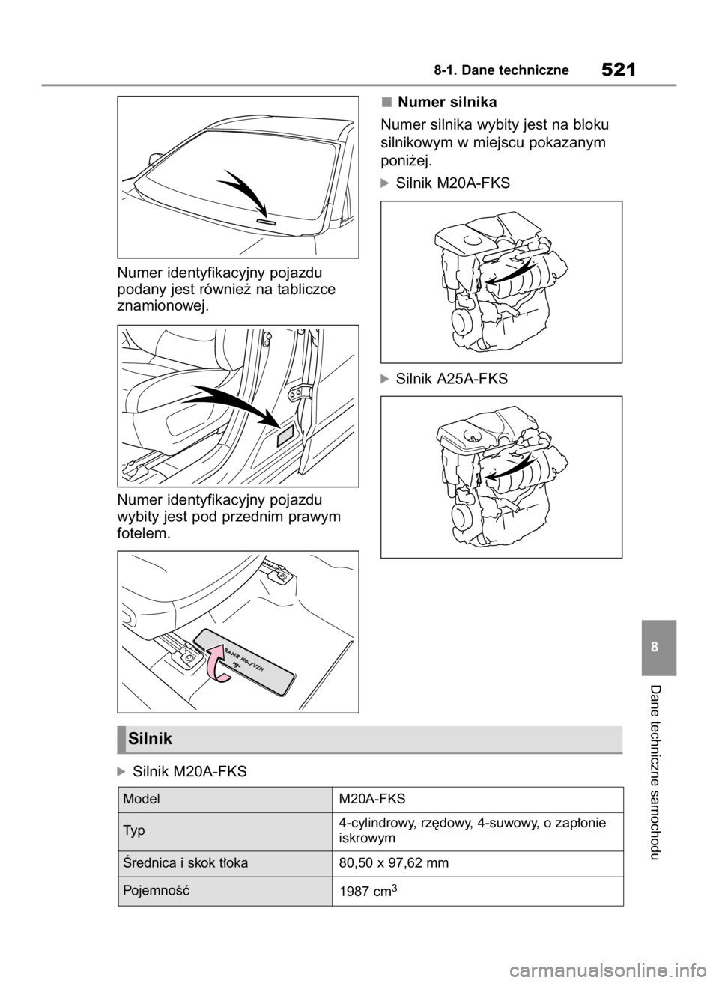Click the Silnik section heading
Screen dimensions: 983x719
151,739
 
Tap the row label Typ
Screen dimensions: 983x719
136,832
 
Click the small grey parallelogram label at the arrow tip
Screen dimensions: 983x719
285,436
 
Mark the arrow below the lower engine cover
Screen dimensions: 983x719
506,469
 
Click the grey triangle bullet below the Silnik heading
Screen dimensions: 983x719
119,771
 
